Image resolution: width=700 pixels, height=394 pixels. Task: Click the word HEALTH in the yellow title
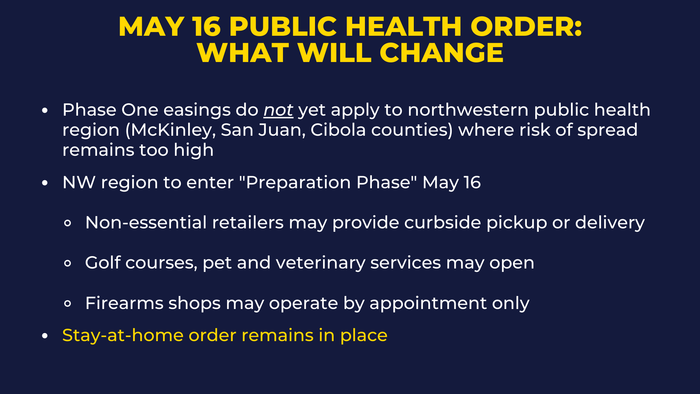coord(404,27)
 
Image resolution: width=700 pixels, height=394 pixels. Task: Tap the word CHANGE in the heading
coord(442,53)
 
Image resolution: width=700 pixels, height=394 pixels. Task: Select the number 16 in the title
coord(207,27)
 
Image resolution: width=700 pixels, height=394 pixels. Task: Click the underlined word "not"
coord(278,110)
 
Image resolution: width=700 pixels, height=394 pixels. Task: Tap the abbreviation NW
coord(79,182)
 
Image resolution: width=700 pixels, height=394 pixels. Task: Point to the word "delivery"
coord(610,223)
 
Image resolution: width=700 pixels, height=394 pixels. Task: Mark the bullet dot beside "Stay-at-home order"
coord(45,336)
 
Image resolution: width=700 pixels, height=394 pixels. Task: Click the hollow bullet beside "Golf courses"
coord(67,263)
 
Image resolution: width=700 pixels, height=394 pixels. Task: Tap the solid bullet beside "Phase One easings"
coord(45,110)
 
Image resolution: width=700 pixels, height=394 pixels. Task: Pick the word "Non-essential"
coord(146,223)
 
